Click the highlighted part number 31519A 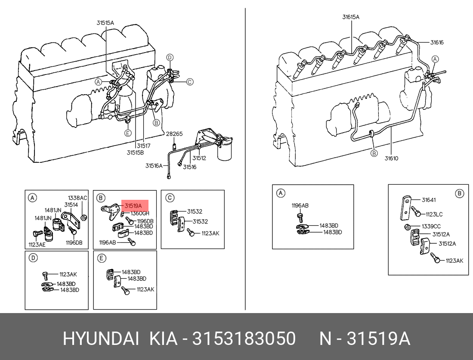coord(133,206)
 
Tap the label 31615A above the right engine coord(350,17)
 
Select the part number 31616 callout coord(437,43)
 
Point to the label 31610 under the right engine coord(391,158)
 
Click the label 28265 coord(174,133)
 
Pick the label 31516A coord(154,166)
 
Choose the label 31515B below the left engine coord(135,152)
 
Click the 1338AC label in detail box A coord(77,198)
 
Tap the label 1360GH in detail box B coord(140,213)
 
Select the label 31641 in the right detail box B coord(429,200)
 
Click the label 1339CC coord(431,227)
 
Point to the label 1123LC coord(434,214)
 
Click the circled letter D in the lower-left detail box coord(33,258)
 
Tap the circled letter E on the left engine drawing coord(128,133)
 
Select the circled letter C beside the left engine coord(189,82)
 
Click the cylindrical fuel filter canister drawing coord(225,149)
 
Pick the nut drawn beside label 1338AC coord(84,217)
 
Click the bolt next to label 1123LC coord(416,212)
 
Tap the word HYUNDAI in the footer coord(101,338)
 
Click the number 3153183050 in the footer coord(244,338)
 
